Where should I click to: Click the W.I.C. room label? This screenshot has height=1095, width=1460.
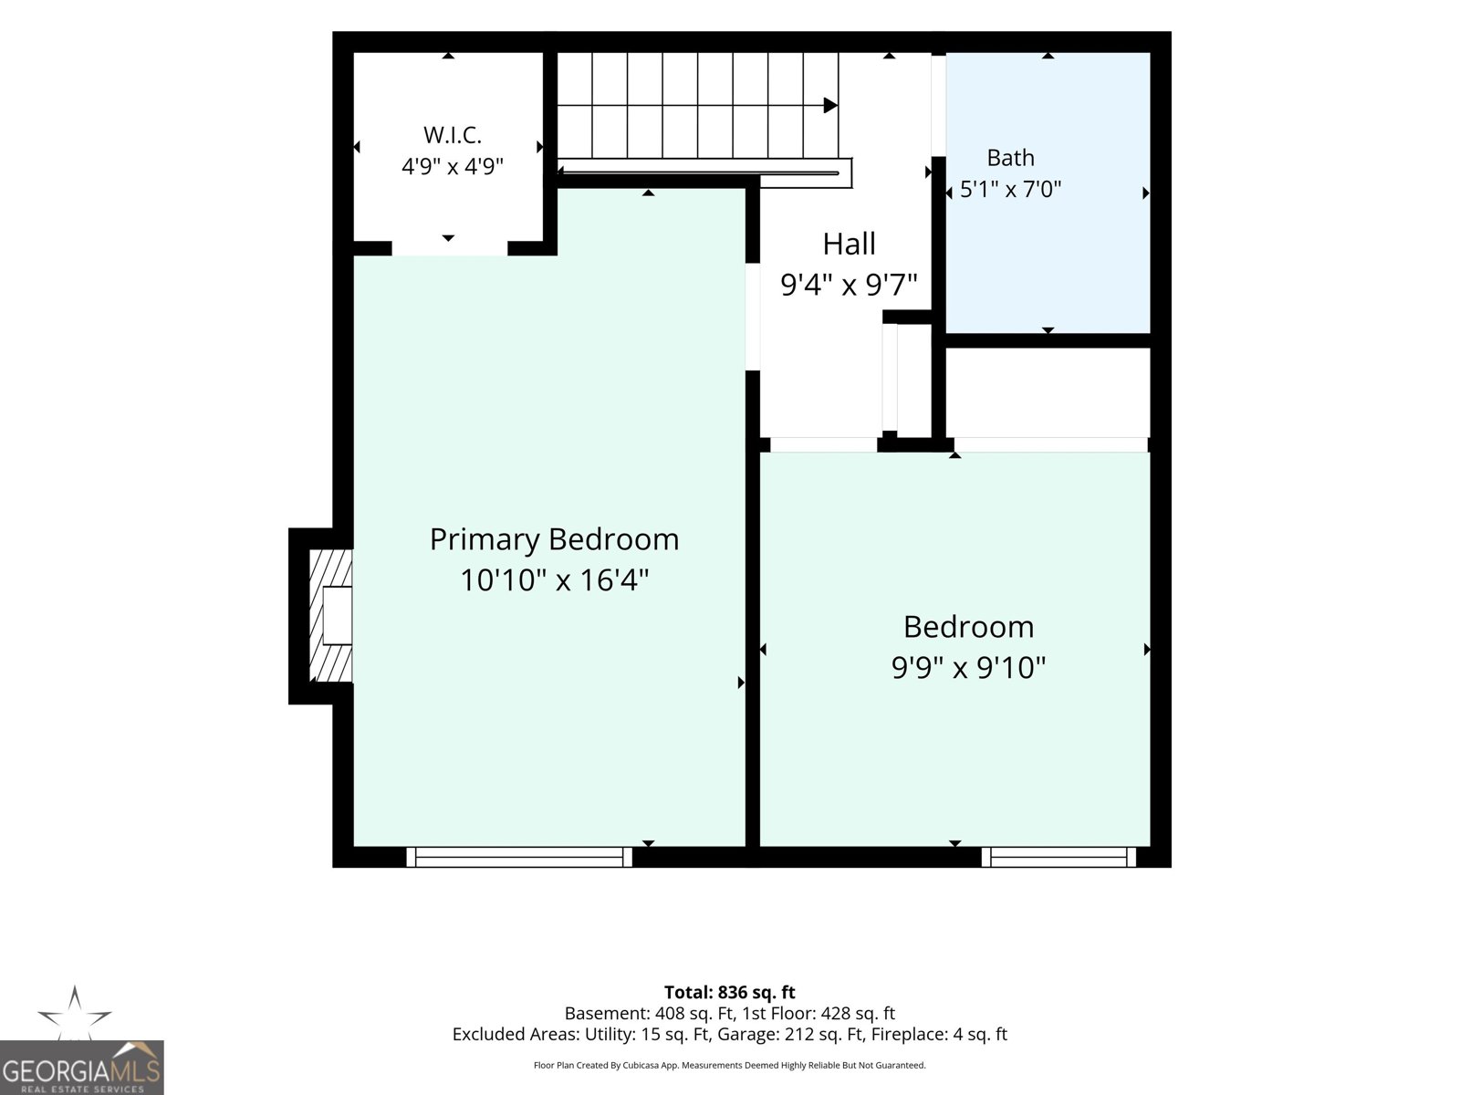tap(453, 135)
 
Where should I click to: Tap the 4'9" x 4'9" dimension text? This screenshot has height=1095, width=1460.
tap(453, 165)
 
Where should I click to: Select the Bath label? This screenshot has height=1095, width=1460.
tap(1010, 158)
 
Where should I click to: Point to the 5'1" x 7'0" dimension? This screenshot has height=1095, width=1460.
tap(1010, 190)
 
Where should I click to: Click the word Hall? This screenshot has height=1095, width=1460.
tap(849, 244)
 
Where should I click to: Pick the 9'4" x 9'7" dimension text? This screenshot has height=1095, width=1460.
tap(849, 285)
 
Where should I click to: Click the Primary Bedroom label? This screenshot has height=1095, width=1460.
tap(554, 540)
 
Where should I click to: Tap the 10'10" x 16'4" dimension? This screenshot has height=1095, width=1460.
tap(554, 579)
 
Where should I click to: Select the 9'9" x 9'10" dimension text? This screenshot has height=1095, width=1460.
tap(968, 667)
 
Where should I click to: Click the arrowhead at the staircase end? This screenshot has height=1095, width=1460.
tap(830, 105)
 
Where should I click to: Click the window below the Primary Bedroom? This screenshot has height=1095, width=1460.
tap(519, 857)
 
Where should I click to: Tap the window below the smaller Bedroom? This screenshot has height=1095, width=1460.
tap(1058, 857)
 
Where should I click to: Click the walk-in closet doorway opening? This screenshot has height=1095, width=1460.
tap(450, 248)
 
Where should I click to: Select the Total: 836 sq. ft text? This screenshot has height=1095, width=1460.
tap(730, 993)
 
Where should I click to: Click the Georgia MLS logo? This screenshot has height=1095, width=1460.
tap(82, 1068)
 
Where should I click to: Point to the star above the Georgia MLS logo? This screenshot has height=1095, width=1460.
tap(75, 1013)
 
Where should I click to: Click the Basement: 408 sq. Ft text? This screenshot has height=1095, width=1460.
tap(649, 1013)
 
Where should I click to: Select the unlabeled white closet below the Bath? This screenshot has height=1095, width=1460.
tap(1048, 392)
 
